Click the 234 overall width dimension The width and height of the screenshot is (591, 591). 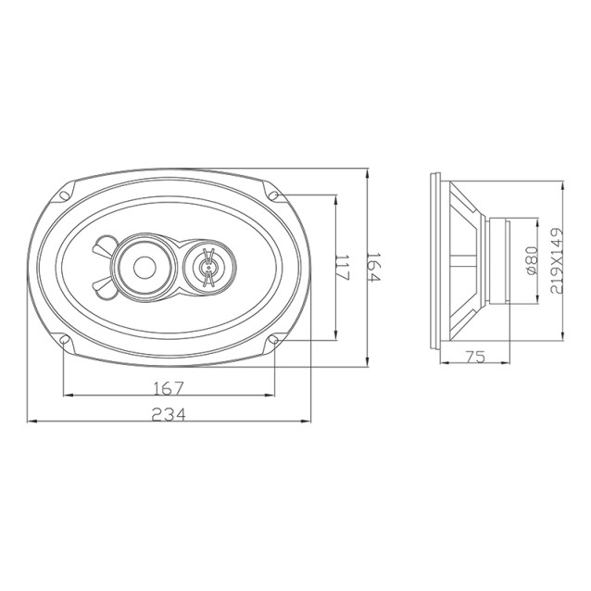(169, 415)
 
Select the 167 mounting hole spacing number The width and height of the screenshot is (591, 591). (169, 388)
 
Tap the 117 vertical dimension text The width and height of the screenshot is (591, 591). (343, 268)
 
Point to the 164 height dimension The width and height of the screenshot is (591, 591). (374, 267)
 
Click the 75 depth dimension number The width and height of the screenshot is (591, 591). (475, 357)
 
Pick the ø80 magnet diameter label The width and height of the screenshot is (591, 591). (531, 261)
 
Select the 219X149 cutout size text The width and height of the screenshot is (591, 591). (557, 260)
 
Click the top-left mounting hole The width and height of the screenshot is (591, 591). (64, 195)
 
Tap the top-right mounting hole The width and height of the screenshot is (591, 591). (274, 195)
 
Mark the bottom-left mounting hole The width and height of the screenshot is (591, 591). (64, 340)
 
